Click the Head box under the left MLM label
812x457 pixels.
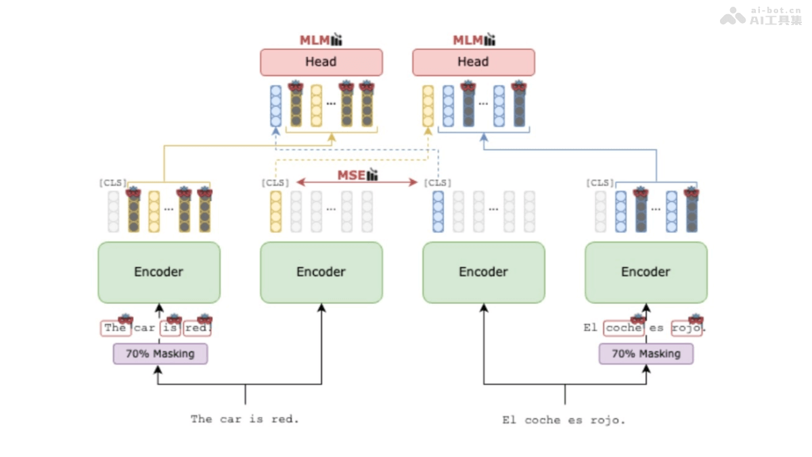[321, 62]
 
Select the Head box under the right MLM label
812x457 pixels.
[473, 62]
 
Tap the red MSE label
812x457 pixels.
[351, 175]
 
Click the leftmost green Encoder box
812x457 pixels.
[159, 272]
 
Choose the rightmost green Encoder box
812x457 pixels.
[646, 272]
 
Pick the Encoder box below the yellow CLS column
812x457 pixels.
[321, 272]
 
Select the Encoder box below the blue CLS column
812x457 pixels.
[483, 272]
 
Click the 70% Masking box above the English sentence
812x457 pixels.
[160, 353]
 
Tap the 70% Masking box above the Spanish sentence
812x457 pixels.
[646, 353]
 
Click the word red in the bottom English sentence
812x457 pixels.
[283, 419]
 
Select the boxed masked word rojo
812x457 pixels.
[686, 328]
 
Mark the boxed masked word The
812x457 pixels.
[115, 328]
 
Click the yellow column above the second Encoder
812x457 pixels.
[275, 211]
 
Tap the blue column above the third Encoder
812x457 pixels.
[438, 211]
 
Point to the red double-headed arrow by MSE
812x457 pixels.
[392, 182]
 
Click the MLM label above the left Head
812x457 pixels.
[315, 41]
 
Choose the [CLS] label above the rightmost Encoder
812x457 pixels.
[600, 183]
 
